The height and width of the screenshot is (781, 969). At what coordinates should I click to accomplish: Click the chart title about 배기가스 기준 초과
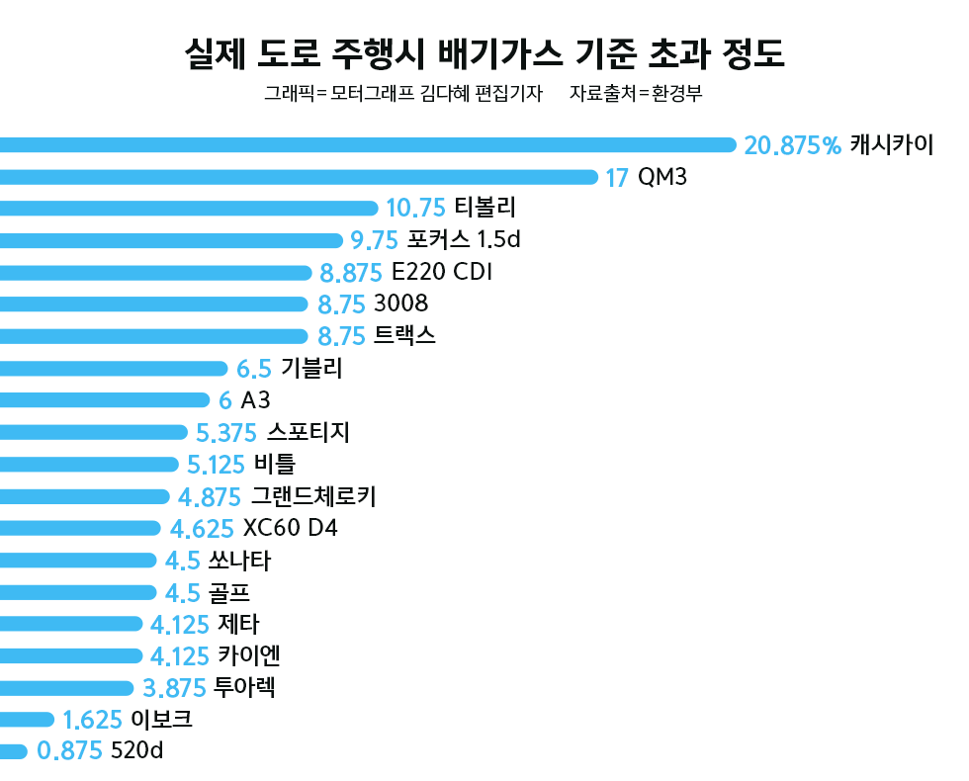[x=484, y=54]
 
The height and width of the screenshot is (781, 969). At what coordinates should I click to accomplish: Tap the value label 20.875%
[x=792, y=145]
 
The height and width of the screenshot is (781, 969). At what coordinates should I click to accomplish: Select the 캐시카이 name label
[x=891, y=145]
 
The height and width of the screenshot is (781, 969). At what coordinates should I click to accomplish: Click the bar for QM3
[x=297, y=178]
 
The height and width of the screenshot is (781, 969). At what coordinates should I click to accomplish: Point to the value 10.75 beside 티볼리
[x=415, y=208]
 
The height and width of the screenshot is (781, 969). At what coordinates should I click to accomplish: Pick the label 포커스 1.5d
[x=464, y=239]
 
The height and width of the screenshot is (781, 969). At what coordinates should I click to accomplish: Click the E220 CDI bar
[x=153, y=272]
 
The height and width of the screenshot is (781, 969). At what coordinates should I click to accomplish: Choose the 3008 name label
[x=401, y=304]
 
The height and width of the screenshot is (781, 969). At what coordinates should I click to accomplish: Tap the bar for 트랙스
[x=153, y=336]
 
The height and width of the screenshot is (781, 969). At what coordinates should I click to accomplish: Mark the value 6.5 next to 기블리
[x=254, y=369]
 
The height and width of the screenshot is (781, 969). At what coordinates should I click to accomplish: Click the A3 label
[x=256, y=400]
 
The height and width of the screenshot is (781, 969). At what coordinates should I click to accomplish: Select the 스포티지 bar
[x=94, y=432]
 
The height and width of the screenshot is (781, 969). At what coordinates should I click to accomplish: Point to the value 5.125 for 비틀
[x=217, y=464]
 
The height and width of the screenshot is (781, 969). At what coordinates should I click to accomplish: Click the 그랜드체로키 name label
[x=313, y=496]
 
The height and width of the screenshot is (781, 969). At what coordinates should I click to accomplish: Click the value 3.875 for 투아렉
[x=174, y=688]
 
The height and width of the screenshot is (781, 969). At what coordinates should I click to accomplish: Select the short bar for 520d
[x=13, y=751]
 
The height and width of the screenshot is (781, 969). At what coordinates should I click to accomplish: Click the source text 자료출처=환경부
[x=636, y=94]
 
